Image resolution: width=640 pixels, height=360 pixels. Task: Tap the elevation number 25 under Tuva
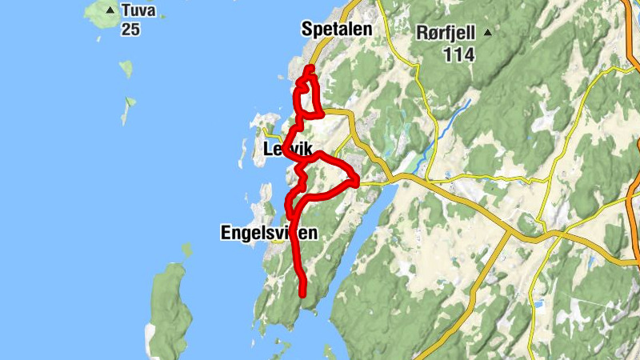(130, 29)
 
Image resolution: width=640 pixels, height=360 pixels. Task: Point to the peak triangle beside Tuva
(110, 10)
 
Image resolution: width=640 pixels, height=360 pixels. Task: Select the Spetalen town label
(337, 30)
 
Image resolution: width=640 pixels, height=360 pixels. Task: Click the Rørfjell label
(445, 34)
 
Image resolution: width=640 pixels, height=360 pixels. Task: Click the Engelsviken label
(268, 233)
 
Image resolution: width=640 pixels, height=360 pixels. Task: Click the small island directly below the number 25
(126, 68)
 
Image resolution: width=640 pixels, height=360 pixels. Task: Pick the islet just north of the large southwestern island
(187, 250)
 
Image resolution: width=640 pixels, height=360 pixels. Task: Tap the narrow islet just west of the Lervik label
(243, 150)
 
